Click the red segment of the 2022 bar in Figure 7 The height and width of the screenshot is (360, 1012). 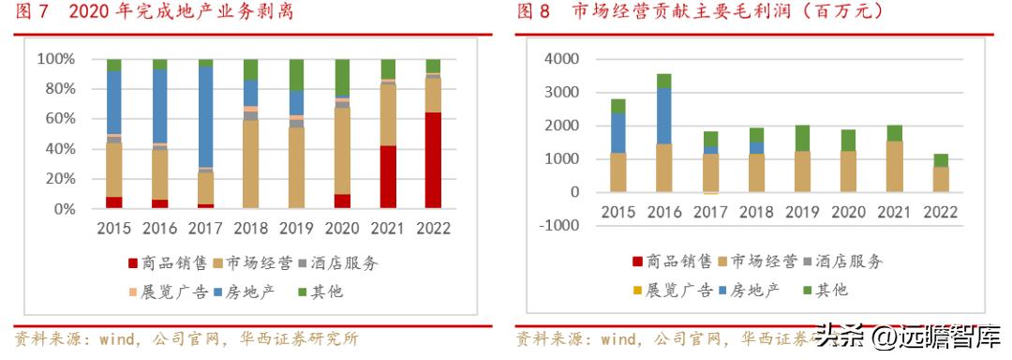coord(433,160)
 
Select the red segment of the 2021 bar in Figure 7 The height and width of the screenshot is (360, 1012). coord(387,176)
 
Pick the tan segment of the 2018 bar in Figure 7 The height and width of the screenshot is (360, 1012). coord(250,164)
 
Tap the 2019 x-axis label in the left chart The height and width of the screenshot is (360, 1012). coord(296,228)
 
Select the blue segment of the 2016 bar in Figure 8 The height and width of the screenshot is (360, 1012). coord(663,115)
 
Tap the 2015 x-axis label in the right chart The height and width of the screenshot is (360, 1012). coord(618,212)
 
